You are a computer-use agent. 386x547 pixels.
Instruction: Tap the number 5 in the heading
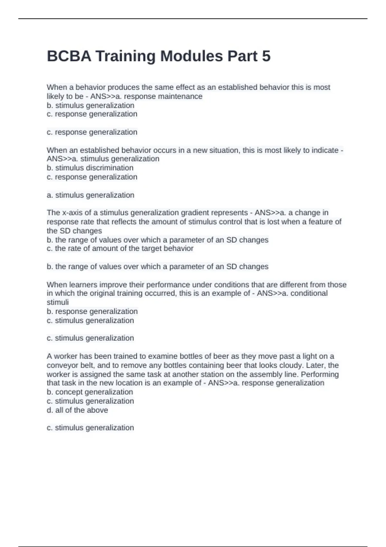[x=266, y=56]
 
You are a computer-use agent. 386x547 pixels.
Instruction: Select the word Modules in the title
[x=191, y=56]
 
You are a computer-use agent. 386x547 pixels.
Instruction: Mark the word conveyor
[x=61, y=365]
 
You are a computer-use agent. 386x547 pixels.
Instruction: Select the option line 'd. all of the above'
[x=77, y=410]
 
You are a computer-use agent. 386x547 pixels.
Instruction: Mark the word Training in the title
[x=125, y=56]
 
